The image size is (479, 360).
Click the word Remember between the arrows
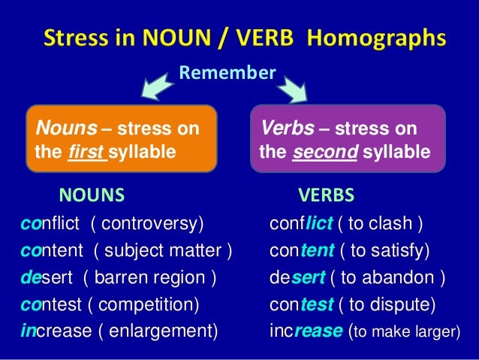point(227,73)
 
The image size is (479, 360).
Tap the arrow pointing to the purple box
point(295,89)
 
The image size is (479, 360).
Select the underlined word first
point(86,153)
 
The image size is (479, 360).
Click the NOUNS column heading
point(92,195)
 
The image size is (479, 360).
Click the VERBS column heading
point(327,195)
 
